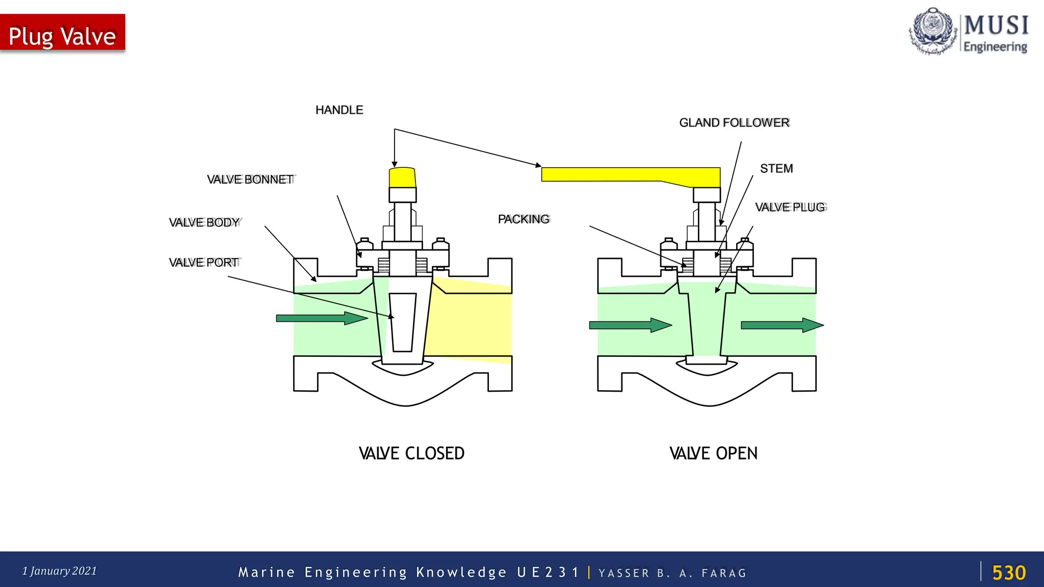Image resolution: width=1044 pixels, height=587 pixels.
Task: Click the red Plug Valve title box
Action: (62, 33)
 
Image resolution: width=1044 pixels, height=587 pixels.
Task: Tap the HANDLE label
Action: (339, 110)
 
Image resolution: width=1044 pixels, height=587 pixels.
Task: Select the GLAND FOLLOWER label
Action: (734, 123)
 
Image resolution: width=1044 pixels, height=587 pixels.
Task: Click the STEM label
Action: (776, 169)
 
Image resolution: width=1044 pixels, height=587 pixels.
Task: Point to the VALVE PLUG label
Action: (790, 207)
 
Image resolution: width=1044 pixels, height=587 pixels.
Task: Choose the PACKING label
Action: (524, 219)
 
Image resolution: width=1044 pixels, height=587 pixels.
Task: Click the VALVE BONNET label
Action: (250, 180)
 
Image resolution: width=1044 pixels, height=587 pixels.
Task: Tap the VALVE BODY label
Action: (204, 223)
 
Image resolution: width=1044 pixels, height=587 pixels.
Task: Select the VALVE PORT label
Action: (204, 263)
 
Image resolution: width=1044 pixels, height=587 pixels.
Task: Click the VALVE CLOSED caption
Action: (411, 453)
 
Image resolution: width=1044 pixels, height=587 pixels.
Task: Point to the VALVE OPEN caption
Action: (713, 453)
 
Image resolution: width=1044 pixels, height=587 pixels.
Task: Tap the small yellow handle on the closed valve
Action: (402, 177)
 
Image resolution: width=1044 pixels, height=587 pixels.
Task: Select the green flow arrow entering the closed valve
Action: (321, 318)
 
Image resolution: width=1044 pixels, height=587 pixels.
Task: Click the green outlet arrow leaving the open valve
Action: (781, 325)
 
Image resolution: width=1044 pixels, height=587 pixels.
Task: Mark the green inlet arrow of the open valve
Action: (630, 325)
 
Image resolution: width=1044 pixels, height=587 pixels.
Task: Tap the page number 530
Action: (1008, 573)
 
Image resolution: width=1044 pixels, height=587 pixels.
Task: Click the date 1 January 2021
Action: (60, 571)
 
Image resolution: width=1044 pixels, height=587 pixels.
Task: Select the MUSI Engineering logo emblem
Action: (932, 31)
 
